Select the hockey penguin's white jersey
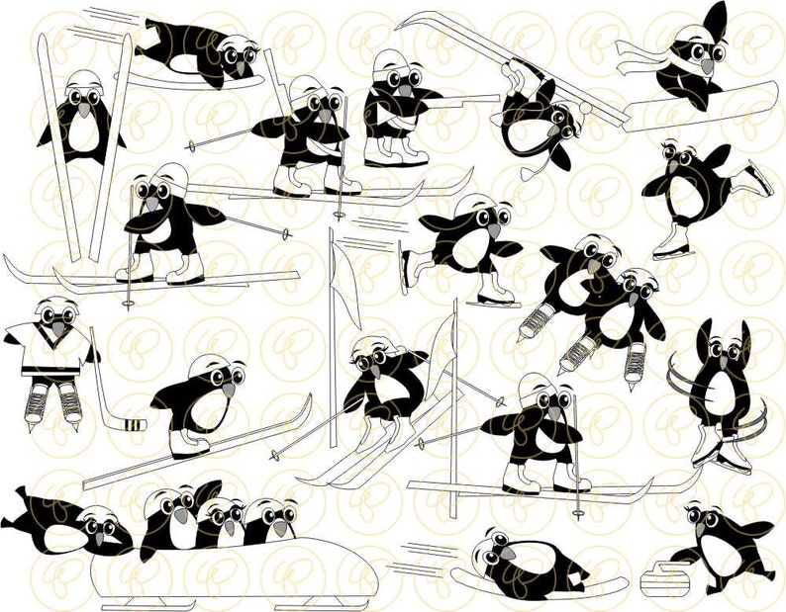coord(50,351)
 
